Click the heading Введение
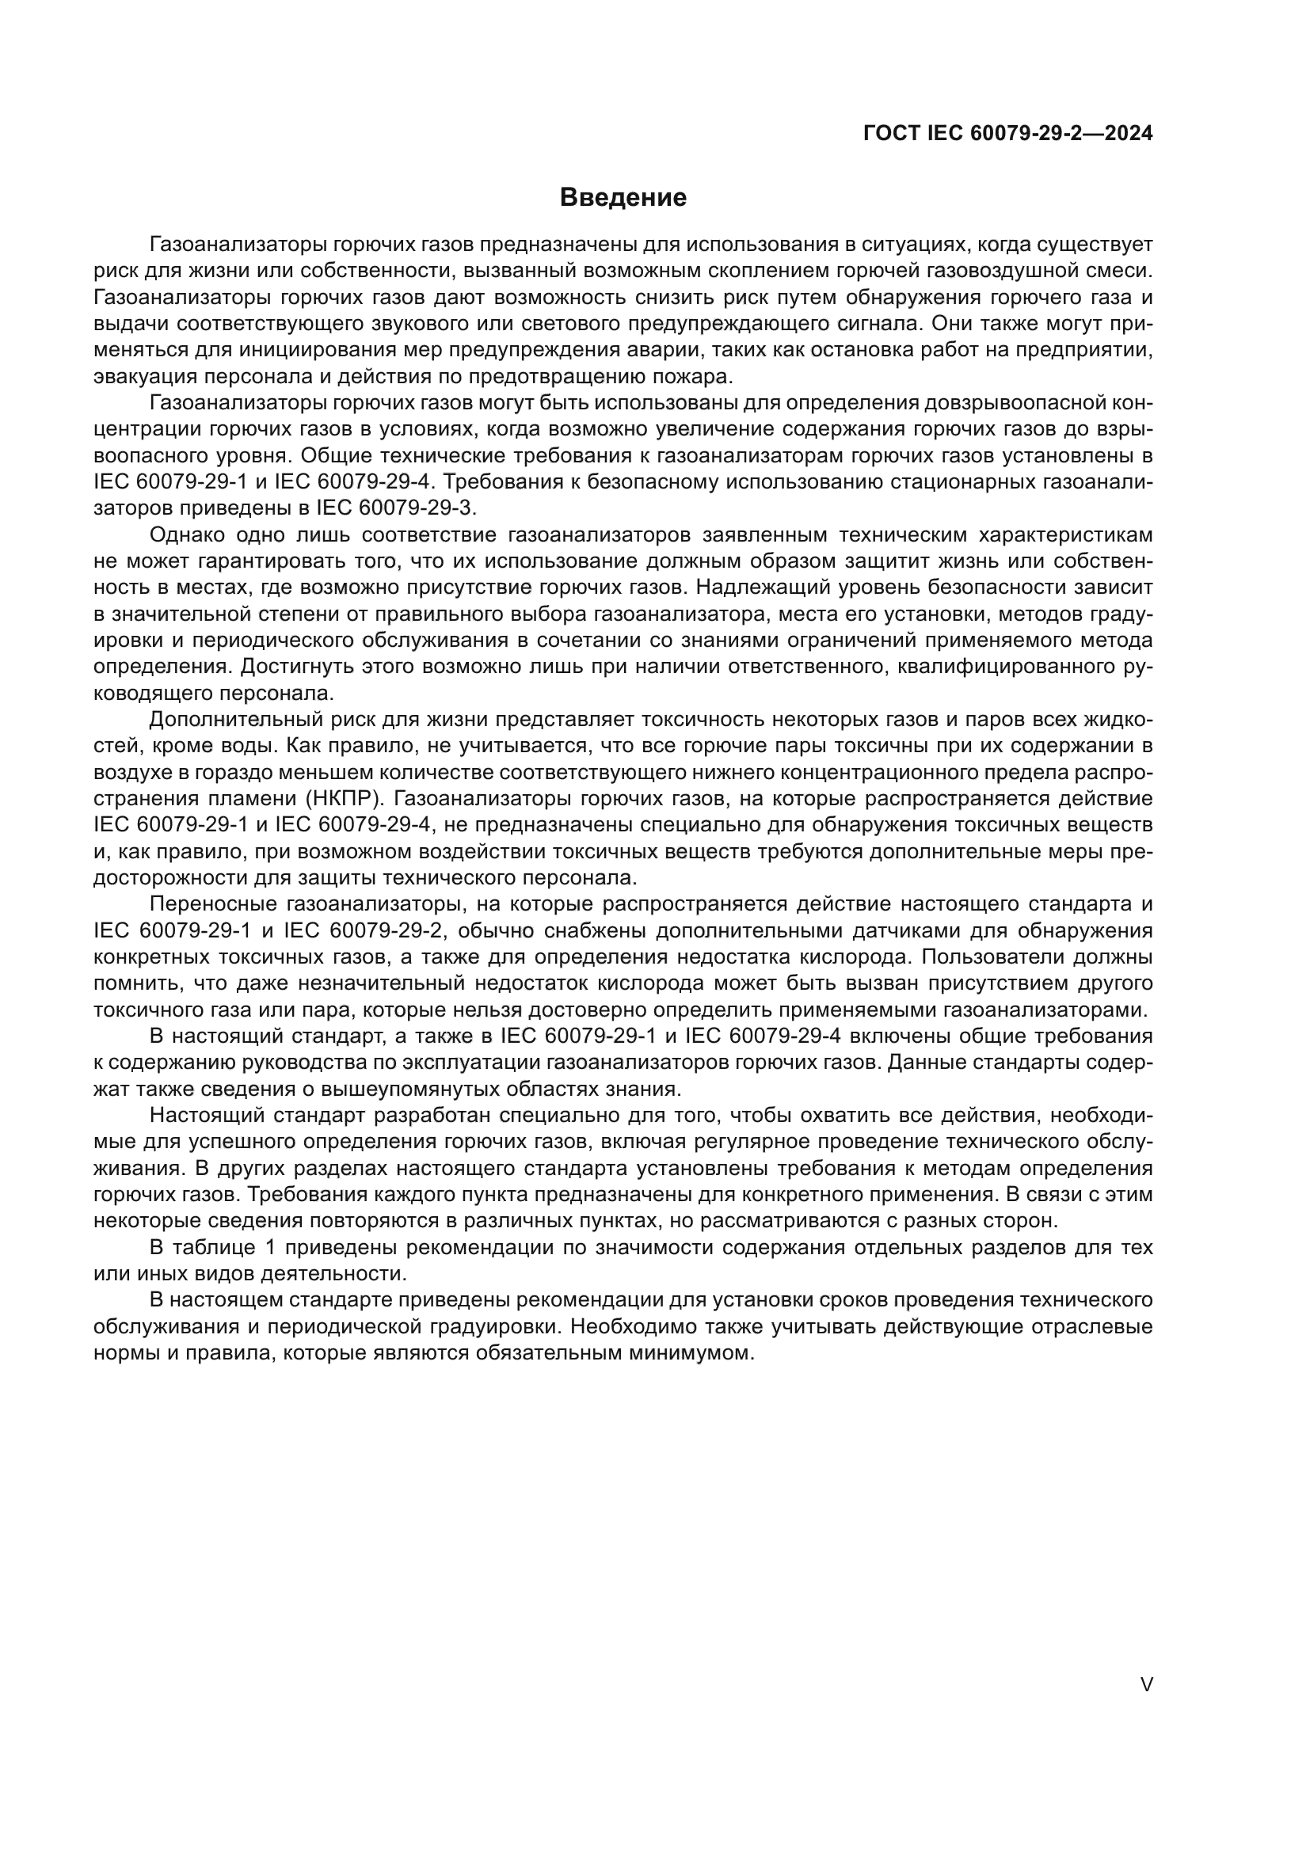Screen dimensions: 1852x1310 [x=623, y=198]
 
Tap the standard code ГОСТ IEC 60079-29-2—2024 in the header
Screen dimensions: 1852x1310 [x=1007, y=133]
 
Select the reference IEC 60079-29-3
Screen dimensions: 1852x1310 [x=396, y=508]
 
